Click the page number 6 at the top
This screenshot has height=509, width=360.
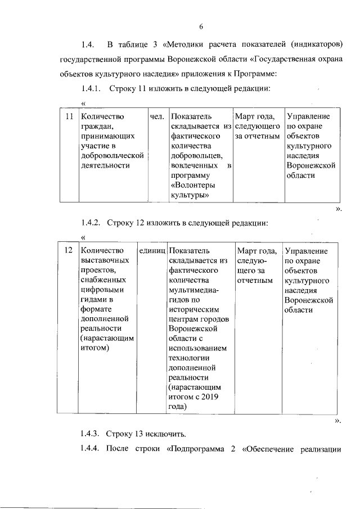[x=200, y=25]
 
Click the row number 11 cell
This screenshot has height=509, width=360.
[x=69, y=116]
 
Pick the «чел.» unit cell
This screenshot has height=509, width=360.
[x=157, y=116]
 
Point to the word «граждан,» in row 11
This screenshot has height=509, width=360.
[x=97, y=127]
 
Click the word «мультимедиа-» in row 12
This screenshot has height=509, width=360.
[x=193, y=290]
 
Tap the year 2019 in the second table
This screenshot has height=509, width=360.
[x=208, y=397]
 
